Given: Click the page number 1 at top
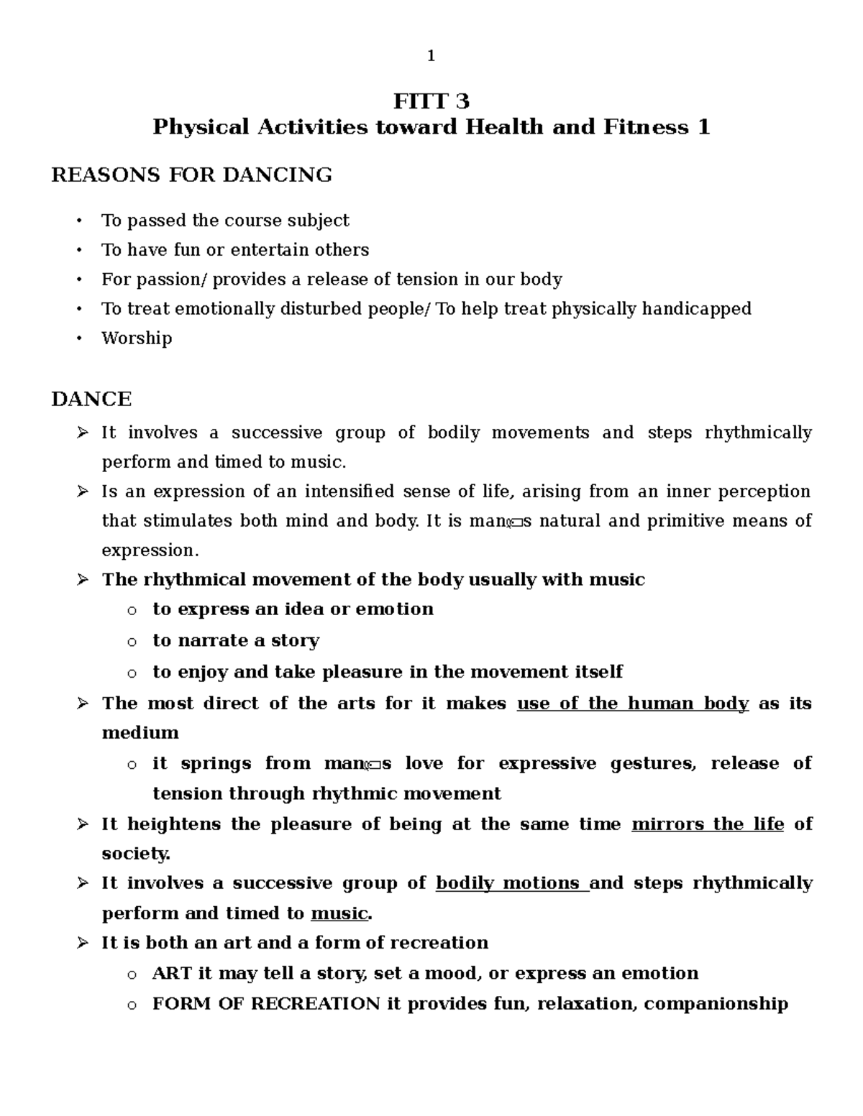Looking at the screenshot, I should [x=431, y=56].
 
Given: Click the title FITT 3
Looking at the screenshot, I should [x=431, y=101].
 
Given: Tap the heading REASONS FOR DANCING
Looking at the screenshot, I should [x=191, y=175].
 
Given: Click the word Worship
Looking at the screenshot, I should [x=137, y=338].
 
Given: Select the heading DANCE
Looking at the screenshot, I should [x=91, y=399].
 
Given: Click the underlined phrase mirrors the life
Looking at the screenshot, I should [x=707, y=824].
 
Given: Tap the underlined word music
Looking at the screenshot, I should [x=339, y=914].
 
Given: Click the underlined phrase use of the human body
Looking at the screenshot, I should [x=633, y=704].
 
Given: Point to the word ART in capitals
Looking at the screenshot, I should [x=171, y=974].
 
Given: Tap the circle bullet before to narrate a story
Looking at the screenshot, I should [x=131, y=642].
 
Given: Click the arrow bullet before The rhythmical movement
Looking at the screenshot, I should [x=82, y=580].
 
